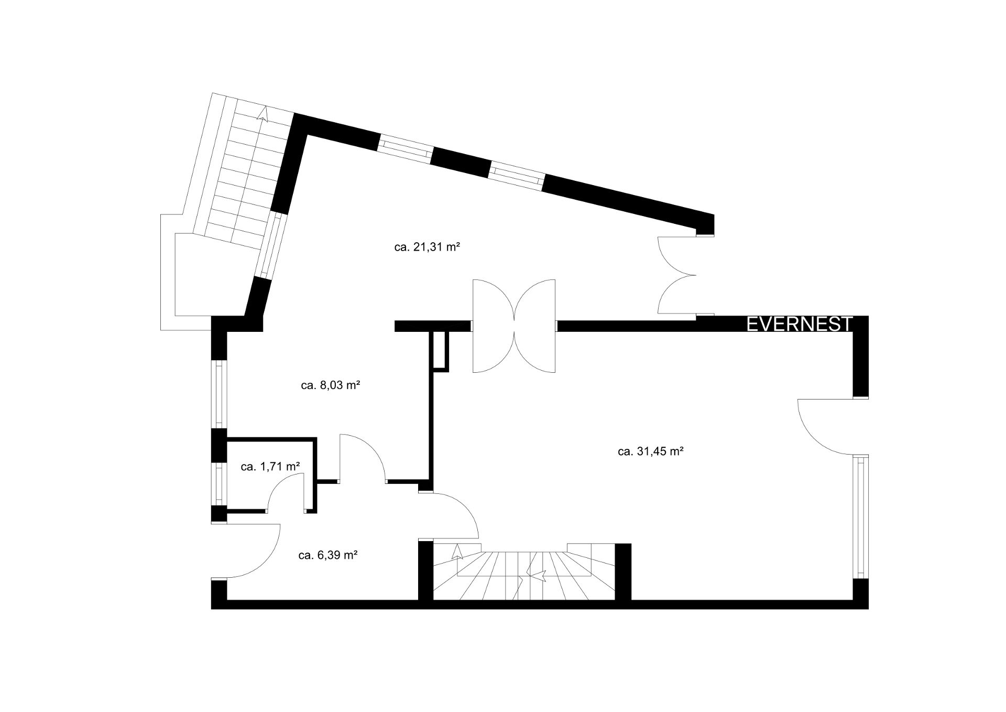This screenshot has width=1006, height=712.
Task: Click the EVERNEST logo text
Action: click(x=800, y=324)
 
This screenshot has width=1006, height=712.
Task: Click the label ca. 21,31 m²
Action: click(x=427, y=247)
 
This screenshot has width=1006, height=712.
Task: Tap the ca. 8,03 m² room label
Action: click(x=330, y=385)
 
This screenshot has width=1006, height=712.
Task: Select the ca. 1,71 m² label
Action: click(x=270, y=466)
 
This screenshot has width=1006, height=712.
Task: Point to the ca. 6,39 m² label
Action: click(x=328, y=555)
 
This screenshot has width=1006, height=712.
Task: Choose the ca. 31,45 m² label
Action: click(x=651, y=451)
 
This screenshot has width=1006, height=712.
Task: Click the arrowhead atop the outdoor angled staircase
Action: click(x=264, y=113)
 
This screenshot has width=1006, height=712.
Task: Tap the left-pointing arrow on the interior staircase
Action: click(x=539, y=575)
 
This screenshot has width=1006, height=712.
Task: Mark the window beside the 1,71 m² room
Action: click(x=219, y=484)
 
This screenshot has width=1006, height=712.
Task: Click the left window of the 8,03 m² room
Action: click(x=219, y=394)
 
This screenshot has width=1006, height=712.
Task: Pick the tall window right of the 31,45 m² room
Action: click(x=860, y=516)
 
